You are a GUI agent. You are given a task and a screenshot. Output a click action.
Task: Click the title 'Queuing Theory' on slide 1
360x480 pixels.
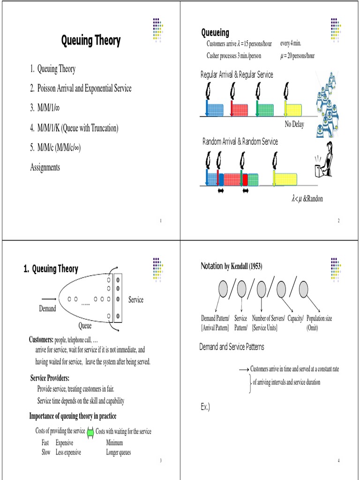tap(90, 41)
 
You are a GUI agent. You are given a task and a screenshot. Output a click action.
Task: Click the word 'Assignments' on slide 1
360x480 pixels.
tap(45, 167)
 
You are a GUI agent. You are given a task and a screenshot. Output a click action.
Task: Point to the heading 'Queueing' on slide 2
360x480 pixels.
tap(215, 32)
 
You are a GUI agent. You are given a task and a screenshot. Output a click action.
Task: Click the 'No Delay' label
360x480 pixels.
tap(294, 124)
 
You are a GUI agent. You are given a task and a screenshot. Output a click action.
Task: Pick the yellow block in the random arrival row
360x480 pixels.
tap(285, 180)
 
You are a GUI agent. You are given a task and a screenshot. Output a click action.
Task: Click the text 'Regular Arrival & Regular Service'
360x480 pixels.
tap(237, 75)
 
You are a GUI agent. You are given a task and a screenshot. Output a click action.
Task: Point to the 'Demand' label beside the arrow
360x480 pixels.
tap(47, 308)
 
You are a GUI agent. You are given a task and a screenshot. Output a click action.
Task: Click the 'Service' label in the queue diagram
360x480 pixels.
tap(136, 300)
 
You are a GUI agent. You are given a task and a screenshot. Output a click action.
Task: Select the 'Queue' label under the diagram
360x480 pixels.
tap(85, 326)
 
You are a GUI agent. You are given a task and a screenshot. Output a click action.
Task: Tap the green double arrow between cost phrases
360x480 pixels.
tap(90, 432)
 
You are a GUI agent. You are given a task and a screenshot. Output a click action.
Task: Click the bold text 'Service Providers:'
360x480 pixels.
tap(50, 378)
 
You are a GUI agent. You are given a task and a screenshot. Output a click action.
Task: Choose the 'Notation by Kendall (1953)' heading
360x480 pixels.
tap(232, 266)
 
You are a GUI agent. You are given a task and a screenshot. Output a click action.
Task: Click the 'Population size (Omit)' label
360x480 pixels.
tap(319, 323)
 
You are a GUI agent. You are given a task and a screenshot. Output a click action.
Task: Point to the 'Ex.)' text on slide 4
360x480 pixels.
tap(205, 407)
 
